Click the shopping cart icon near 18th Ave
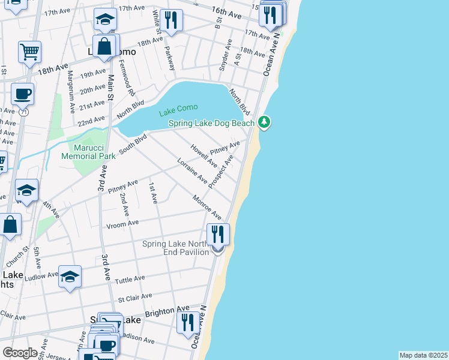point(29,52)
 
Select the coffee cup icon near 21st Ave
point(22,94)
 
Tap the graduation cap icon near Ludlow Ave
point(70,277)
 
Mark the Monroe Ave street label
point(207,208)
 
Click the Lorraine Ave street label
point(192,171)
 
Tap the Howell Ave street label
point(203,155)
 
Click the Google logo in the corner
point(19,353)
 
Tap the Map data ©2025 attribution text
point(423,355)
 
